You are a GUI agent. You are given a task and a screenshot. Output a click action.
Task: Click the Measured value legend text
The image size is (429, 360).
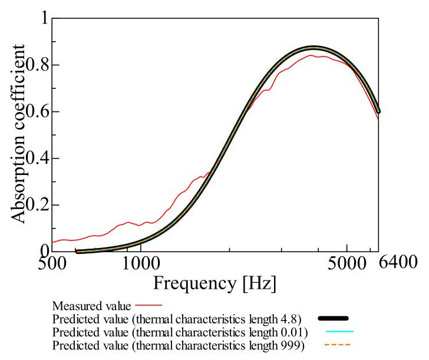92,306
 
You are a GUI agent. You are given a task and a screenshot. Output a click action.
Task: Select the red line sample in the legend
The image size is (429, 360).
148,306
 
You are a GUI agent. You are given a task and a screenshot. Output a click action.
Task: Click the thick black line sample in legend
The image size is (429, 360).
334,318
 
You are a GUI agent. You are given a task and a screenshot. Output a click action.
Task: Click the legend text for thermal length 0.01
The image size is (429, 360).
183,331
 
